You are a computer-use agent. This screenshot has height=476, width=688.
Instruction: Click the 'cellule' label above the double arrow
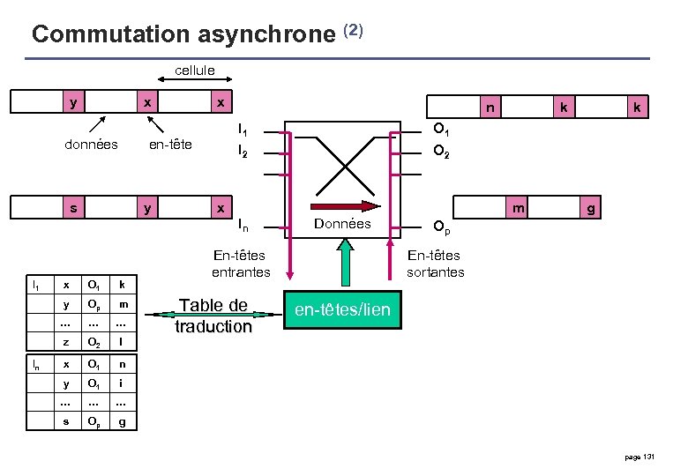194,70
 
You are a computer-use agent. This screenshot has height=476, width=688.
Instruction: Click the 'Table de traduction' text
213,316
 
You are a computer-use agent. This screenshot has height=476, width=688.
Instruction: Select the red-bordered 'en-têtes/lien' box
342,311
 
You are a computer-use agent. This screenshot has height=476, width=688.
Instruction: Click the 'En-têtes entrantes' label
241,264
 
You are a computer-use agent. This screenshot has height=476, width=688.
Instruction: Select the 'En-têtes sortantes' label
435,264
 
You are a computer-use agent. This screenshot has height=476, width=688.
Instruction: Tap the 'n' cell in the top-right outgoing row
490,108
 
